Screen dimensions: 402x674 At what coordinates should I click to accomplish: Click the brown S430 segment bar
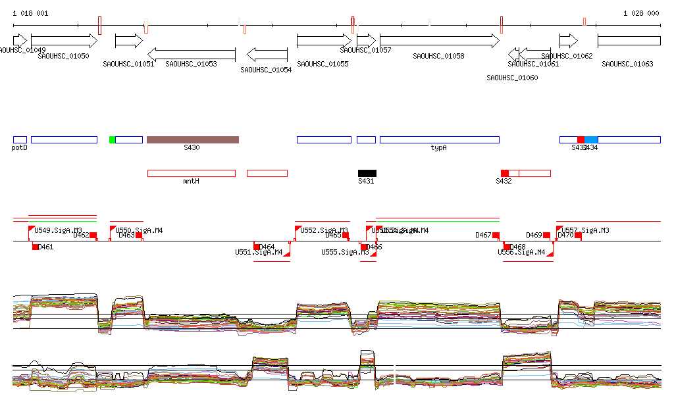tap(192, 139)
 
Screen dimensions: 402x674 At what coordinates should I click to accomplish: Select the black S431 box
tap(367, 173)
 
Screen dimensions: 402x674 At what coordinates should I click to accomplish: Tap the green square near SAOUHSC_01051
tap(112, 139)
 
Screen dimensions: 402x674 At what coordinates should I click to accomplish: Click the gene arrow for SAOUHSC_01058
tap(439, 41)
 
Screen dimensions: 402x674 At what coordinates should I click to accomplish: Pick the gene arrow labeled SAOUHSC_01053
tap(191, 54)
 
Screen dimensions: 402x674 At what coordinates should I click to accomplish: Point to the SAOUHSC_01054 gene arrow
tap(267, 54)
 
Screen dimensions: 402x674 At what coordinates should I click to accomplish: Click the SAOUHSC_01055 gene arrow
tap(324, 41)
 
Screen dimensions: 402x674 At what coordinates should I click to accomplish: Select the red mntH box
tap(191, 173)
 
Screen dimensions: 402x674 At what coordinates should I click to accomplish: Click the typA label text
tap(438, 148)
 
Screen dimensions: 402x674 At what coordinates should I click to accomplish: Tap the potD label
tap(20, 148)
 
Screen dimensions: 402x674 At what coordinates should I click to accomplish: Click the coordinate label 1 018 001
tap(30, 13)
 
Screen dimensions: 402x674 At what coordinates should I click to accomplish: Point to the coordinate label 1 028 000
tap(641, 13)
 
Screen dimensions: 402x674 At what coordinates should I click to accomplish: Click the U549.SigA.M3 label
tap(59, 230)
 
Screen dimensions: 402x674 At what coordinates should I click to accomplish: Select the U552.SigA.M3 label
tap(324, 230)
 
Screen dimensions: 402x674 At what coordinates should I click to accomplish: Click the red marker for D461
tap(36, 247)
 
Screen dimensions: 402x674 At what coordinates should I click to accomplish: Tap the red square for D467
tap(496, 236)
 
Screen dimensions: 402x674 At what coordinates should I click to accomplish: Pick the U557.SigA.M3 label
tap(585, 230)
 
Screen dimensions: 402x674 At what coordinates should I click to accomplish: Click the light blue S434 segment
tap(591, 139)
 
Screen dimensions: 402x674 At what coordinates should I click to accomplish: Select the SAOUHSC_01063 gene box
tap(629, 41)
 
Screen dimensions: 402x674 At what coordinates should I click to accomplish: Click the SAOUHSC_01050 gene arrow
tap(63, 41)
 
